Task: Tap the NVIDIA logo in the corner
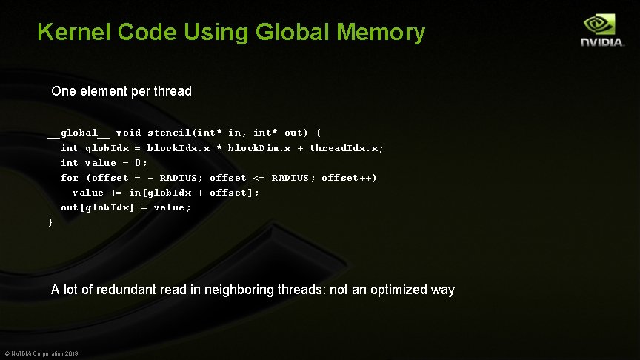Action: click(601, 31)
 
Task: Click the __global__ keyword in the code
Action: click(79, 133)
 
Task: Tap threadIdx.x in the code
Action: click(346, 148)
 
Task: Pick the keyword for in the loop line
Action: click(69, 178)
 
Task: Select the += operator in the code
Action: click(116, 193)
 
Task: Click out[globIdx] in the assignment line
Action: click(97, 207)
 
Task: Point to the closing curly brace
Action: click(50, 222)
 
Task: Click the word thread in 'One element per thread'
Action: click(173, 92)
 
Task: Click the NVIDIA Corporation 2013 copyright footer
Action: click(41, 353)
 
